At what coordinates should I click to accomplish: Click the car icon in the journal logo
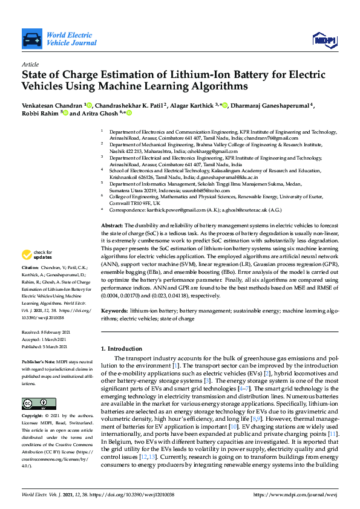click(x=31, y=40)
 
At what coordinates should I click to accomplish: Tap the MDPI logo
click(x=324, y=40)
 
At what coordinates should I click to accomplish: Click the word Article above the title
click(x=30, y=63)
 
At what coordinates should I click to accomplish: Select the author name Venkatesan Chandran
click(x=52, y=105)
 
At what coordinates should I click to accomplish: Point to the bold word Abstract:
click(x=112, y=225)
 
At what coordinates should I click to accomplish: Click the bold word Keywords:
click(x=114, y=310)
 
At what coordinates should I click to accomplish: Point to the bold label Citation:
click(x=30, y=284)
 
